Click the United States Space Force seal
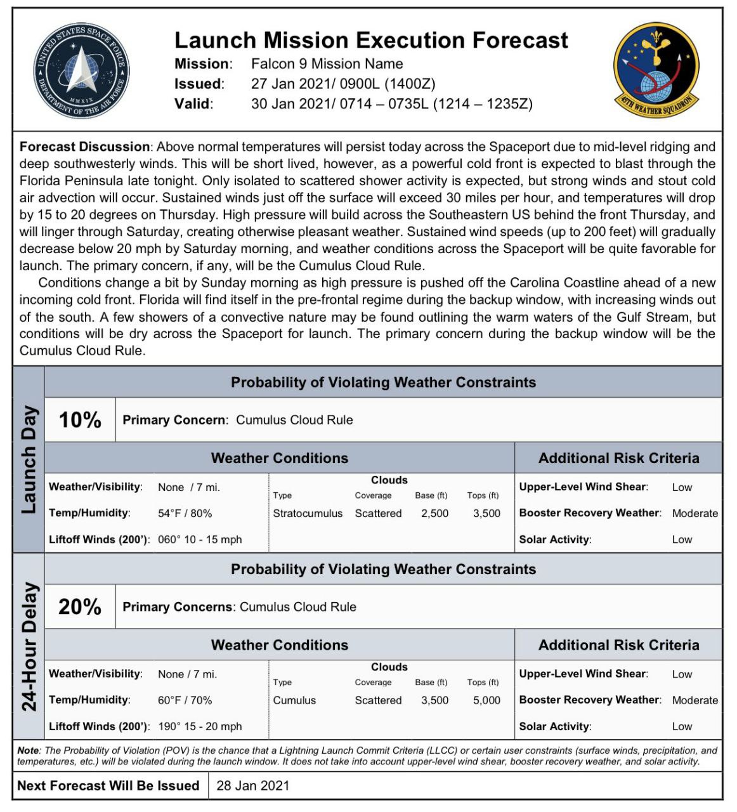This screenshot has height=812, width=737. point(81,70)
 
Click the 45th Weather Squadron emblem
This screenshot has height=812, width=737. point(656,70)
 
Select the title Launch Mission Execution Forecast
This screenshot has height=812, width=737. point(371,40)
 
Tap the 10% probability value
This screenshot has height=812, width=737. point(80,420)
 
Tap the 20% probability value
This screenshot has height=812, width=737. point(80,607)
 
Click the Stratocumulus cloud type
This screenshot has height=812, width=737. point(308,513)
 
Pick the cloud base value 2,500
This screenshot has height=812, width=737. point(434,513)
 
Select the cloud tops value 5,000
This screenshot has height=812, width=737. point(486,700)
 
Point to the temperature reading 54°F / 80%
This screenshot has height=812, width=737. point(185,513)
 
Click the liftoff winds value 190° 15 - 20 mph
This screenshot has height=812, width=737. point(200,726)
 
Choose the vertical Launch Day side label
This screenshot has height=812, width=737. point(29,460)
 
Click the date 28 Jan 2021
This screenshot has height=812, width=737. point(252,785)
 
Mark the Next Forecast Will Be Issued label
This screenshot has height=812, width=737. point(108,785)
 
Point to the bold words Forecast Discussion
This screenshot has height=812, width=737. point(84,147)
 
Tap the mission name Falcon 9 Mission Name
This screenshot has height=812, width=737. point(327,63)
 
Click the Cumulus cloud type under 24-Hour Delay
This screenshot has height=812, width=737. point(294,700)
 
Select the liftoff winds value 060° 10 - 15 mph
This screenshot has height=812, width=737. point(200,540)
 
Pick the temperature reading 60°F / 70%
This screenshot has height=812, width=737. point(185,700)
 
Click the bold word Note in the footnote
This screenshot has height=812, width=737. point(29,750)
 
